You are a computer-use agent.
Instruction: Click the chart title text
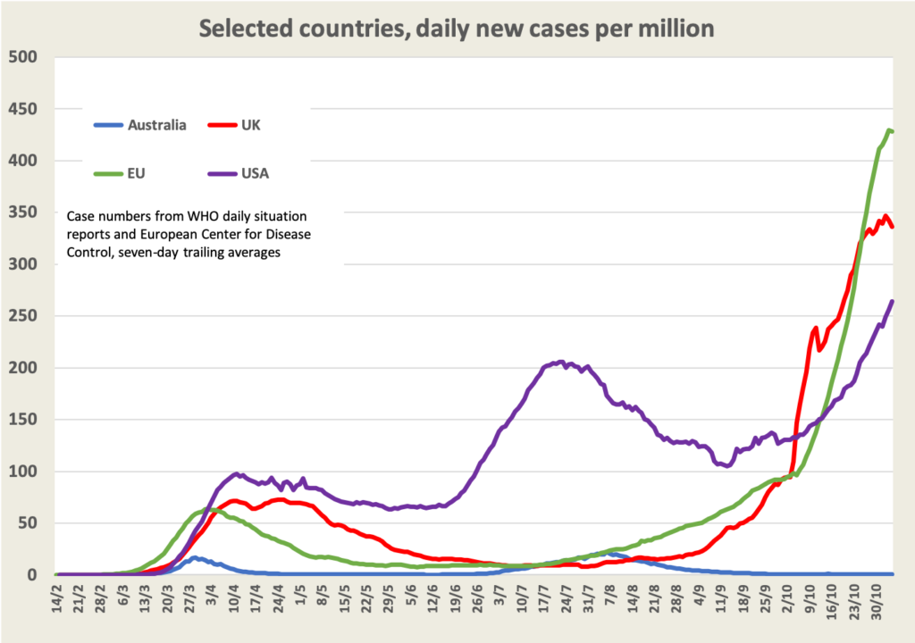456,29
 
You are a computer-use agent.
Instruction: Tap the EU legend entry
135,173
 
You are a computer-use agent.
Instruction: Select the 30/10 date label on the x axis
877,600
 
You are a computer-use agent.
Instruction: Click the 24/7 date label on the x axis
567,600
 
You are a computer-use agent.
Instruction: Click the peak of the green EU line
889,130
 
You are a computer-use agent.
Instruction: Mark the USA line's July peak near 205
560,362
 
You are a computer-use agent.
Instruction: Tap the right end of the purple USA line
893,302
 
